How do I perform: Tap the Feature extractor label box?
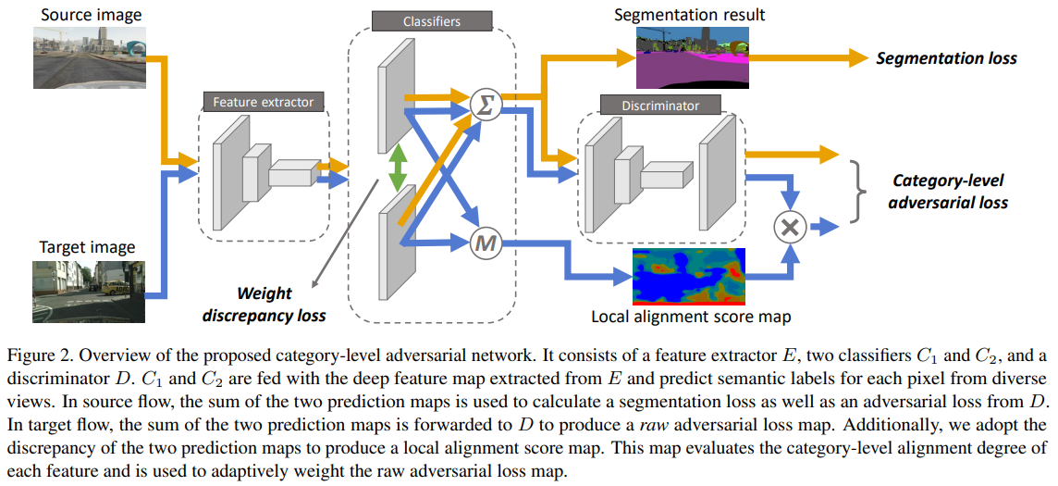point(264,102)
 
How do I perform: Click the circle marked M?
point(484,243)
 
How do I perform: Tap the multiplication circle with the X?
point(789,225)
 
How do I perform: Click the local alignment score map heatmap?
point(688,276)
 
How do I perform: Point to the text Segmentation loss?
point(946,58)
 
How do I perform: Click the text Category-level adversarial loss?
point(947,191)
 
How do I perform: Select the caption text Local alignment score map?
point(691,318)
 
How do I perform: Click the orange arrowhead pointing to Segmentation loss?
point(852,57)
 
